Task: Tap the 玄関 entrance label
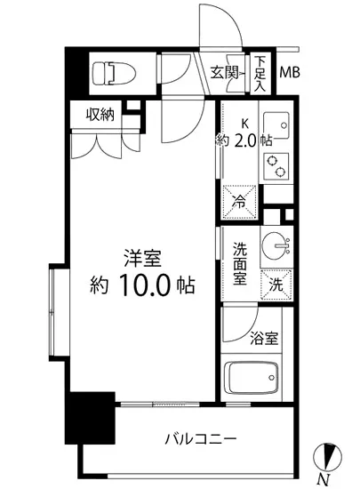(x=224, y=73)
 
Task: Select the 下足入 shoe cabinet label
(x=260, y=74)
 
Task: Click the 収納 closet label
(x=100, y=114)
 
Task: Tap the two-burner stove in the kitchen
(x=277, y=165)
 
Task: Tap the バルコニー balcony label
(x=198, y=438)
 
